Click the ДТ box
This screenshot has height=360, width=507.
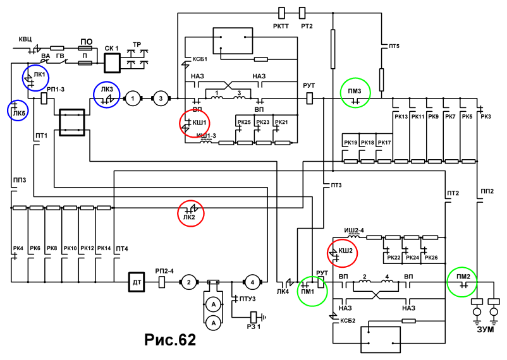tap(137, 282)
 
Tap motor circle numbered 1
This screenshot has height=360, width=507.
tap(133, 99)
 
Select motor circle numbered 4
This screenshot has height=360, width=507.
tap(252, 282)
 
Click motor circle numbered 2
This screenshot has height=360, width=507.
tap(188, 282)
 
